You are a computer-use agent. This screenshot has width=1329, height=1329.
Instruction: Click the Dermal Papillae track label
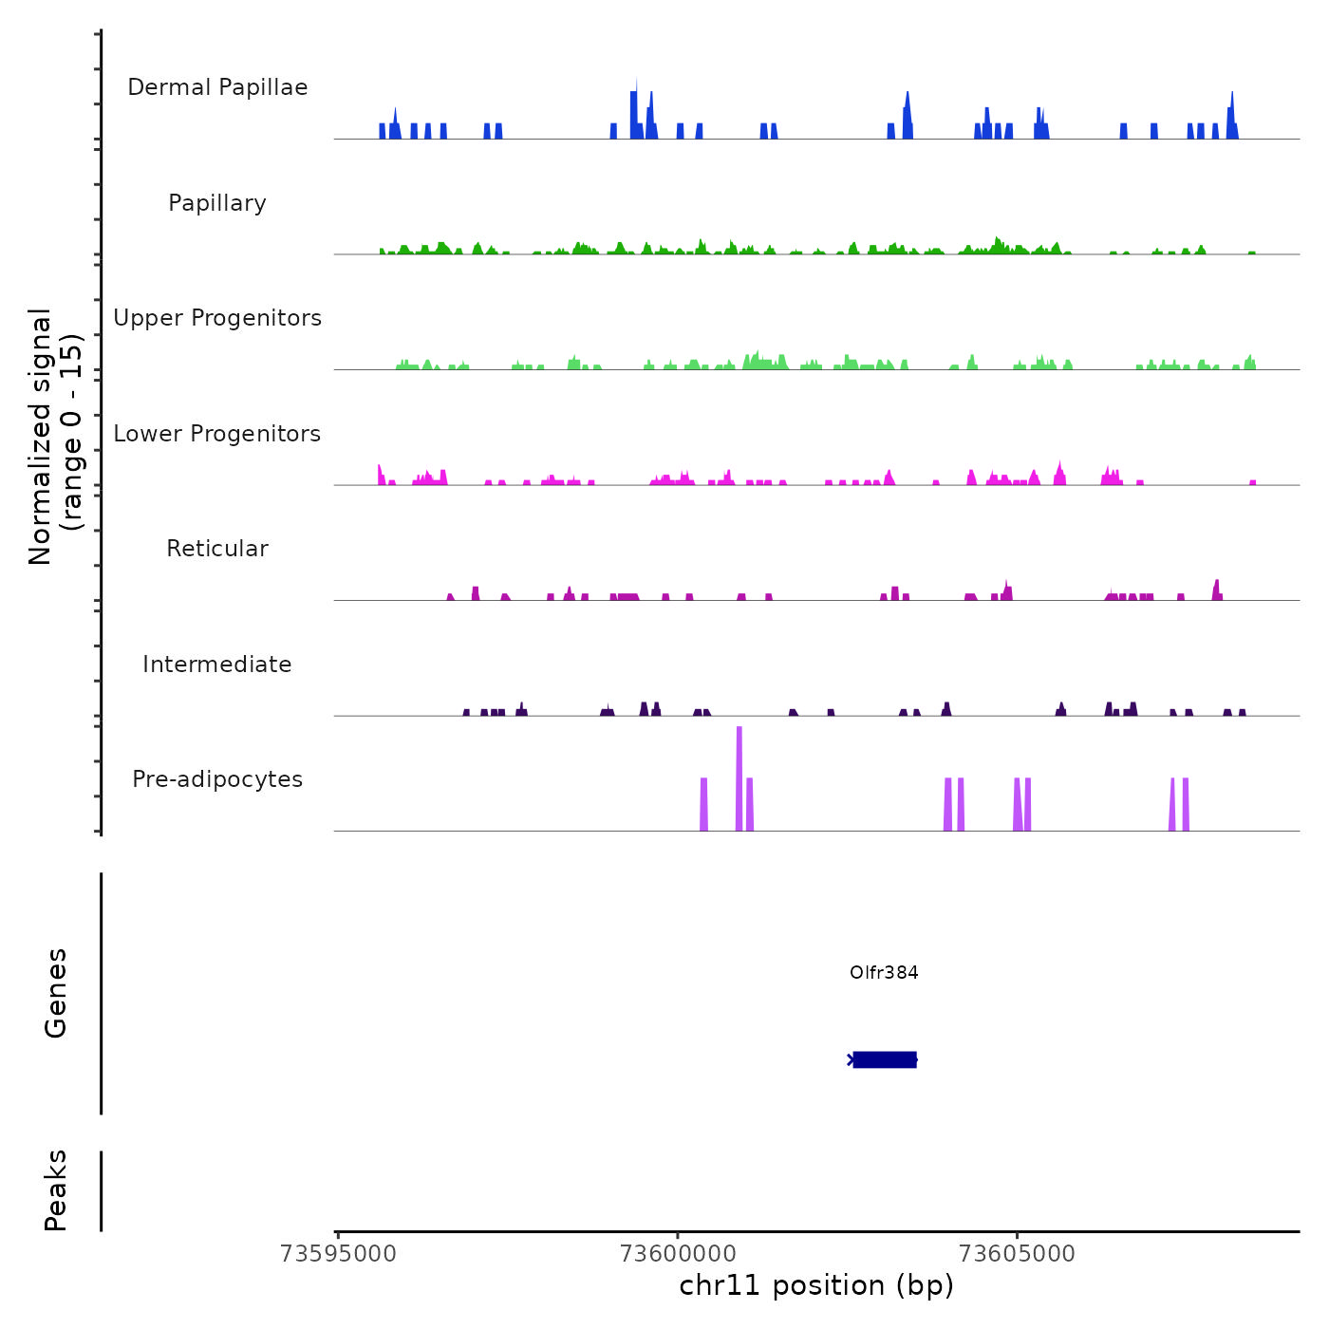coord(217,87)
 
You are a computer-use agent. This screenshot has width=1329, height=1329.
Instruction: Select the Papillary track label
coord(217,203)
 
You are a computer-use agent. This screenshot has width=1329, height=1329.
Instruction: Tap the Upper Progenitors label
coord(217,318)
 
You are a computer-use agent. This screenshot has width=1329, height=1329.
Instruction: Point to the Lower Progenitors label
coord(217,434)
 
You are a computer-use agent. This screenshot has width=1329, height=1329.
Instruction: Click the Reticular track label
coord(217,549)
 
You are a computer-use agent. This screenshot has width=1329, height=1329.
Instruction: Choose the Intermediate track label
coord(217,664)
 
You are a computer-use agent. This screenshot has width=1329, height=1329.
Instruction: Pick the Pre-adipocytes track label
coord(217,779)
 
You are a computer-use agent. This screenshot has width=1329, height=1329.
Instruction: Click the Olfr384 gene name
coord(884,972)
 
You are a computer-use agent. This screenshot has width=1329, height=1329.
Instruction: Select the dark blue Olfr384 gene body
coord(885,1059)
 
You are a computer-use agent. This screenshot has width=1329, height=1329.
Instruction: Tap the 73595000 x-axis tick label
coord(339,1253)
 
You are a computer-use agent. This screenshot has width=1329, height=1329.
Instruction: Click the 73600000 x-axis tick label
coord(678,1253)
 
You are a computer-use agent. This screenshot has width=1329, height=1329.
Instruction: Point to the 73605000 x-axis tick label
coord(1017,1253)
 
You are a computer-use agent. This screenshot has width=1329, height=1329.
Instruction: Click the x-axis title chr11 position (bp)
coord(816,1285)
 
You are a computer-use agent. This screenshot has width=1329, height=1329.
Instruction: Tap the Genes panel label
coord(56,993)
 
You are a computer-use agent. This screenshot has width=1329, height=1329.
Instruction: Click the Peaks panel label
coord(56,1190)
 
